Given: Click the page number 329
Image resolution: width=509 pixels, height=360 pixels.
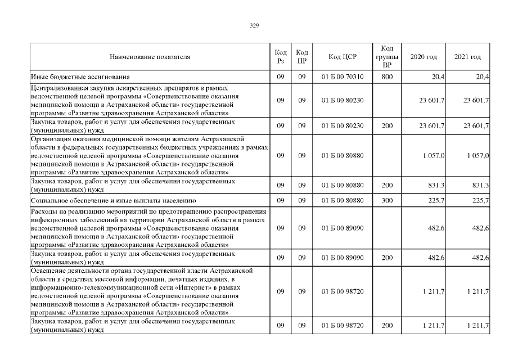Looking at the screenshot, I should point(254,25).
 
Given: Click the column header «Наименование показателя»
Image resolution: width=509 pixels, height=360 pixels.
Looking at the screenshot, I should point(150,57).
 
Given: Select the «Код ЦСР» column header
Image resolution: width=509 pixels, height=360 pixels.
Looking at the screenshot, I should point(342,57).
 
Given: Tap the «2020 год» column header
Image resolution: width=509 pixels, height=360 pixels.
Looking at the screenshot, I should point(424,57).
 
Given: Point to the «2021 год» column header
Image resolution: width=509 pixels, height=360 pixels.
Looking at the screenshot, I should point(467,57).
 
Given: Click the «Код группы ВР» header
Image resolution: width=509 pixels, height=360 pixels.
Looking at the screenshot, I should point(386,57).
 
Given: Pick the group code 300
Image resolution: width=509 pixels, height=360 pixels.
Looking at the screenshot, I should point(386,200).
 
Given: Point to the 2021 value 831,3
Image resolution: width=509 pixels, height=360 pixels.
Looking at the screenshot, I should point(480,184).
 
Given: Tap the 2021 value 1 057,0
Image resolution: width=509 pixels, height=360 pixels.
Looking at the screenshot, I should point(478,155).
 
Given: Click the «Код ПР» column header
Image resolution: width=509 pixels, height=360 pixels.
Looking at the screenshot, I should point(301,57).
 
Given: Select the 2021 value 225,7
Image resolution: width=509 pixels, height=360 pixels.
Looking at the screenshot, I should point(480,200).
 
